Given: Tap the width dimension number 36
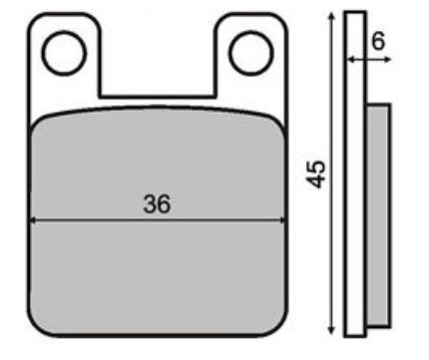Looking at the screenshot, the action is (x=157, y=204).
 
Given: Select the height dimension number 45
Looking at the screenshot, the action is (x=315, y=175).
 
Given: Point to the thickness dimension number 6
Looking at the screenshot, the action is (x=378, y=41).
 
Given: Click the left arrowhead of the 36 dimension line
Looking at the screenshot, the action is (x=33, y=220).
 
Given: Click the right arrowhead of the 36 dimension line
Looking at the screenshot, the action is (x=282, y=220).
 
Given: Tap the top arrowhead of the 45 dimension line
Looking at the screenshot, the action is (x=331, y=16).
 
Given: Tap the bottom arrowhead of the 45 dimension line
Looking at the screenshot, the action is (x=331, y=330).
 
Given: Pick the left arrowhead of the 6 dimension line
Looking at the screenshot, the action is (x=351, y=60).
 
